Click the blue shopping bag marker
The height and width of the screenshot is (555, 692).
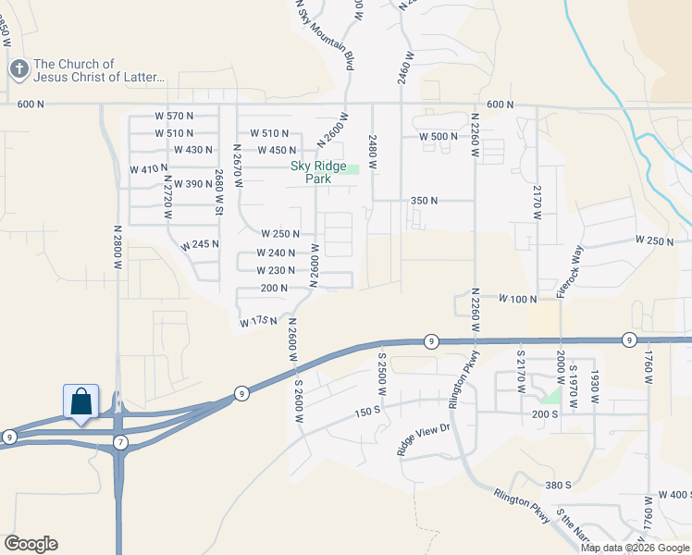pos(80,402)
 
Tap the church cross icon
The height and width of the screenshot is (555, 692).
pos(19,69)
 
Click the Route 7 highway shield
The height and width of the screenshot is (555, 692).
pos(119,442)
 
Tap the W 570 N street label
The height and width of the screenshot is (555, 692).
pos(174,116)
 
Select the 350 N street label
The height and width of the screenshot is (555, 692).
pos(423,201)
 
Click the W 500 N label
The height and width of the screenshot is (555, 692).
pos(439,136)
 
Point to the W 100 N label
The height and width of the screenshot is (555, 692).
pos(518,299)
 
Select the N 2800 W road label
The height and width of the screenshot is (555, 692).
pos(118,248)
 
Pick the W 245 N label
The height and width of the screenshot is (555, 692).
pos(200,245)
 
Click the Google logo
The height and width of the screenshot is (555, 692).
pos(31,544)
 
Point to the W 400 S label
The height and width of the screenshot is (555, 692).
pos(673,495)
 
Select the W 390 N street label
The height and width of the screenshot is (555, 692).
pos(192,184)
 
